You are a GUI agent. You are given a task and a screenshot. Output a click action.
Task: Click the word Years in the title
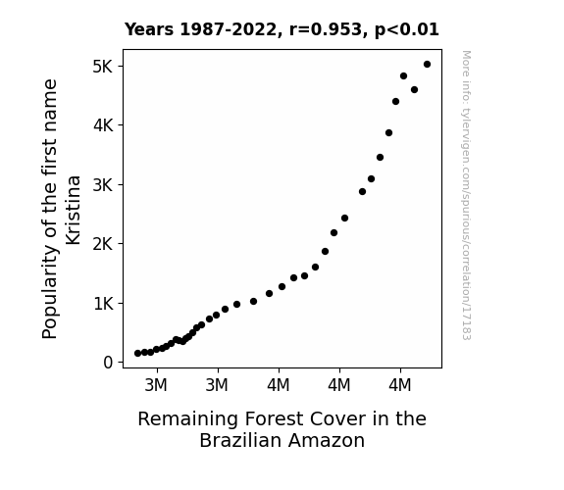[149, 29]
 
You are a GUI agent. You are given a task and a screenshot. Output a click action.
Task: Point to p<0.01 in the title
[407, 30]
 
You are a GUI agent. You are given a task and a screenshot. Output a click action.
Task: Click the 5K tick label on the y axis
[103, 67]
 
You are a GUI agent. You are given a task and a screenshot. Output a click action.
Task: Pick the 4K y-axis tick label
[103, 125]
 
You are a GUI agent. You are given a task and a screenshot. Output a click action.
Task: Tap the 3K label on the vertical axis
[103, 185]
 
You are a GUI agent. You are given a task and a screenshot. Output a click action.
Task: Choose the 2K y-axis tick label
[103, 244]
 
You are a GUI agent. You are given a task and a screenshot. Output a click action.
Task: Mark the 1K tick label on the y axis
[103, 304]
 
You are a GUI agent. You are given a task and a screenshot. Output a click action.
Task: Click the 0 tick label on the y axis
[108, 363]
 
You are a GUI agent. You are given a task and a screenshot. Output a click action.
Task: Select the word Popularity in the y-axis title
[50, 293]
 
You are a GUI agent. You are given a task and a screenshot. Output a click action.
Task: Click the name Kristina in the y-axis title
[73, 210]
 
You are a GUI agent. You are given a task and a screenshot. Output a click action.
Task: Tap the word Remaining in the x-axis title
[187, 419]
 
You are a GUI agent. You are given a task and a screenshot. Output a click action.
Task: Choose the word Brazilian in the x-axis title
[240, 440]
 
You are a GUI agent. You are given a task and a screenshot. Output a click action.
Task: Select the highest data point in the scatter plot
[427, 65]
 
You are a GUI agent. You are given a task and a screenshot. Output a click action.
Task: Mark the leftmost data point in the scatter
[137, 354]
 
